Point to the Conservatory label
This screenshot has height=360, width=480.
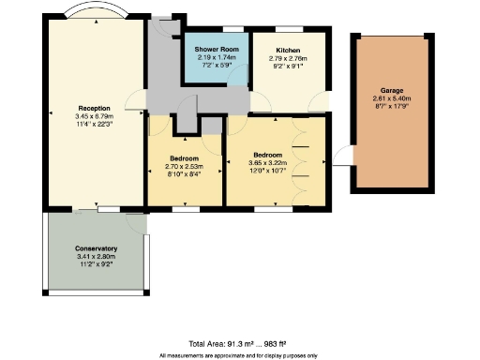[x=95, y=248]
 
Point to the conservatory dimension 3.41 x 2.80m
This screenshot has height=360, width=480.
[x=95, y=256]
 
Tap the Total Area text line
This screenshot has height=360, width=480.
[x=239, y=343]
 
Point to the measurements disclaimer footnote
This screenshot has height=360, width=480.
[x=239, y=355]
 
